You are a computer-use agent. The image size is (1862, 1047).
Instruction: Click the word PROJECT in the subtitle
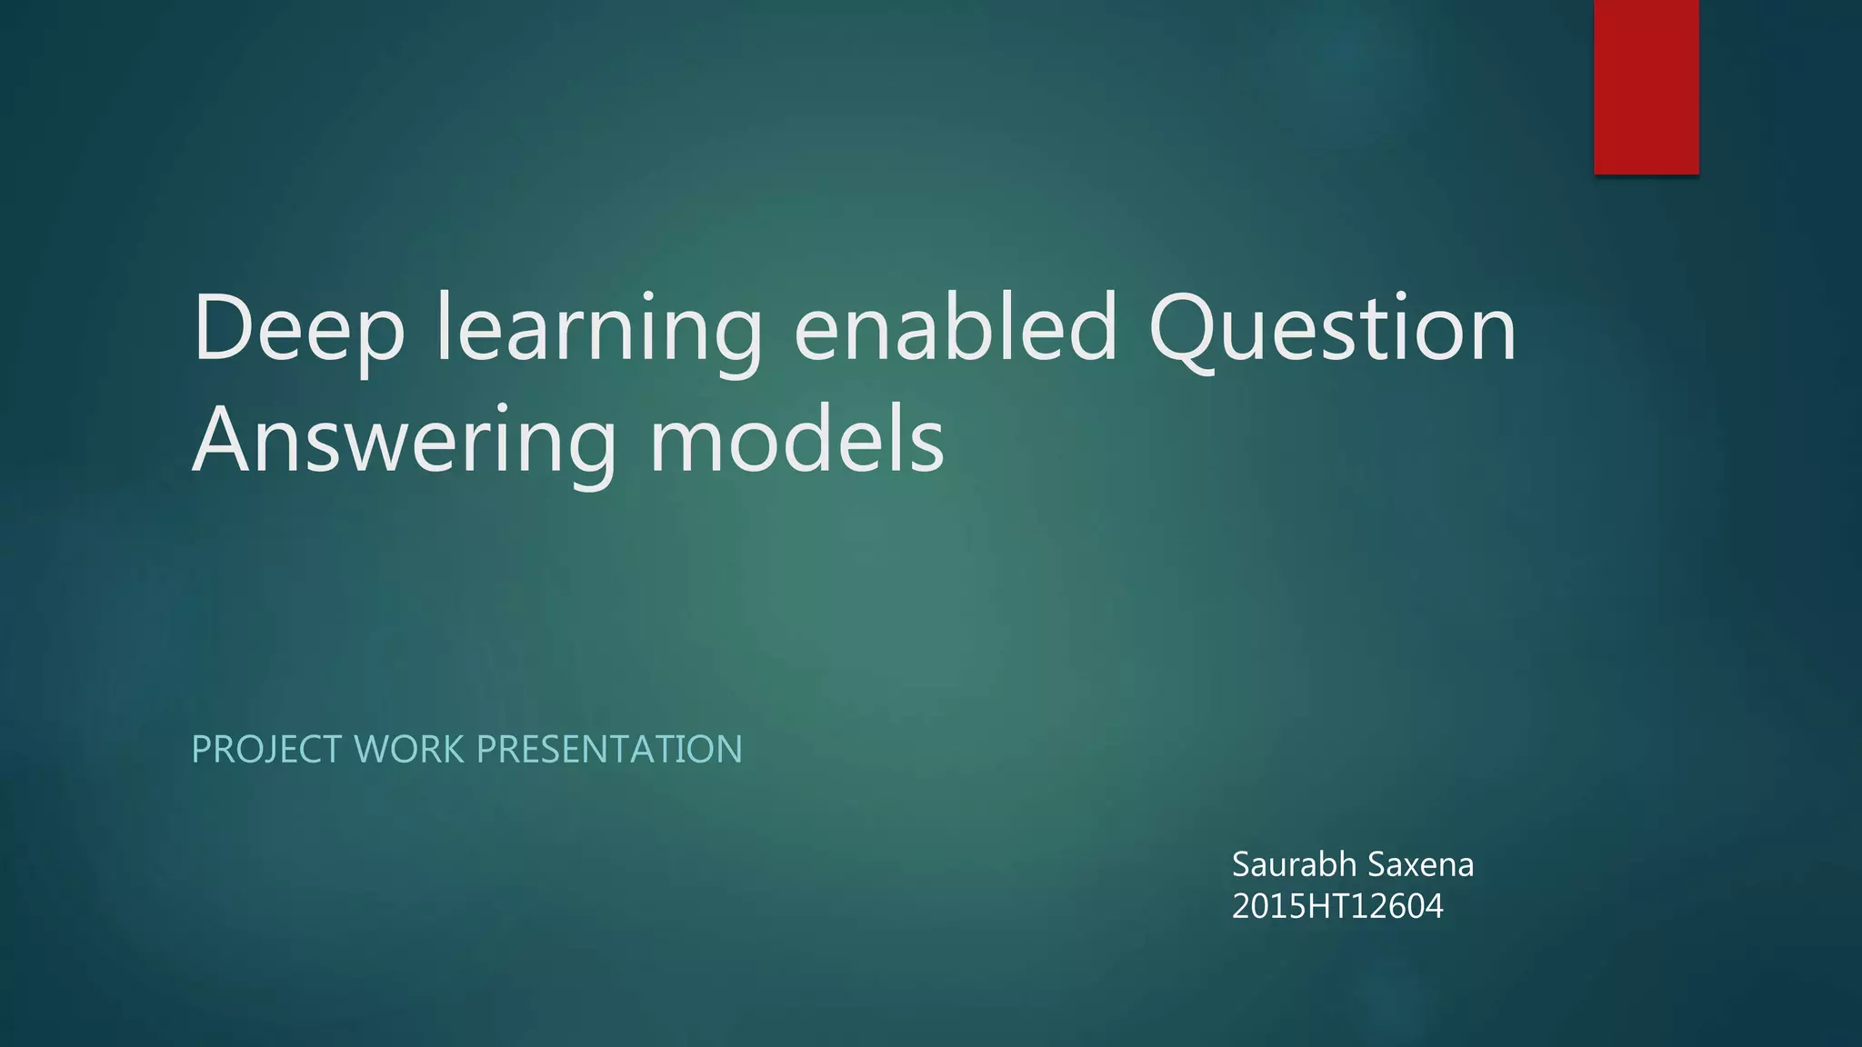coord(266,750)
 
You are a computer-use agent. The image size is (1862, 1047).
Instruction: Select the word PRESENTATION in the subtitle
coord(609,750)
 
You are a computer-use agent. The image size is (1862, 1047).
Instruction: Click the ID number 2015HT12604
coord(1337,906)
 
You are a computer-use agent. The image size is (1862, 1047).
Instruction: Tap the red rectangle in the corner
coord(1646,86)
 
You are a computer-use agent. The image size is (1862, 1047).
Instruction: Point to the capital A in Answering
coord(222,440)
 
